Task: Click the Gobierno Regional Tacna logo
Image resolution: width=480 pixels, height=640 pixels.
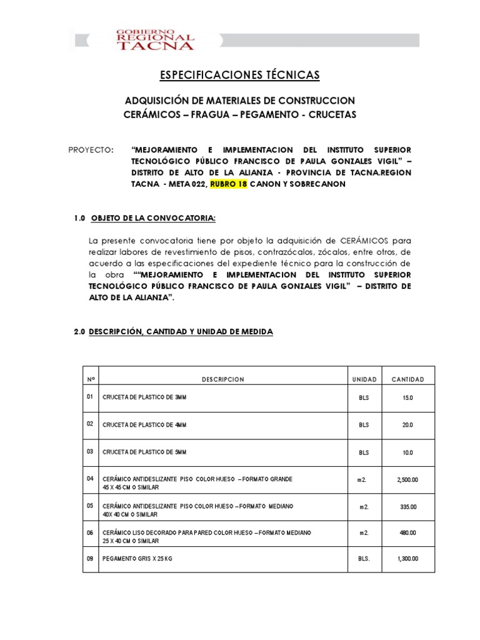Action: pos(156,39)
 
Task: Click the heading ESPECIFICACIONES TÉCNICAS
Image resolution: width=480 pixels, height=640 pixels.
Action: pos(239,75)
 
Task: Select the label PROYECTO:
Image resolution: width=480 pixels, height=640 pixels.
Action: pos(91,151)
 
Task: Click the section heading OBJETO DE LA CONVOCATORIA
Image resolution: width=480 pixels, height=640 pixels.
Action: pos(153,217)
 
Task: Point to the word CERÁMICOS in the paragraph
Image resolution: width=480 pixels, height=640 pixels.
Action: pos(364,241)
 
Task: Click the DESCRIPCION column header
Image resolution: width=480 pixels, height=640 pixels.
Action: pos(223,379)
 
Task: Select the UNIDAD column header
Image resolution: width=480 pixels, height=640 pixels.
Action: pos(364,379)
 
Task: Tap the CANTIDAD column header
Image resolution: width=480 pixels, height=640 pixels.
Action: pos(407,379)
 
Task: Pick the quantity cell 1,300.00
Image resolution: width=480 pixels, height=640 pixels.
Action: pos(407,559)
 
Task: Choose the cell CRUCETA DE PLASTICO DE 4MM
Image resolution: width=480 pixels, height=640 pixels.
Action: pos(144,425)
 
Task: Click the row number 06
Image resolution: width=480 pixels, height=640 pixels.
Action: pos(90,532)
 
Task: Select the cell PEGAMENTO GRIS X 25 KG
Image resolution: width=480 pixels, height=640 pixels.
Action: pos(137,559)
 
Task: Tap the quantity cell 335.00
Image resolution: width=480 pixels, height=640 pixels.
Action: pos(407,507)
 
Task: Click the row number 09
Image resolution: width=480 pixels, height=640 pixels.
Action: pos(90,559)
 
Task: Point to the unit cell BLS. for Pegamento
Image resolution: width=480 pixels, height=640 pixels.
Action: pos(364,559)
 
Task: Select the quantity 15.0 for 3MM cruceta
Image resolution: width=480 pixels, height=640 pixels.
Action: pos(407,398)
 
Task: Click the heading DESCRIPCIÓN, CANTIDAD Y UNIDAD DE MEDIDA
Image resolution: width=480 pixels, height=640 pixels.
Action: pos(181,332)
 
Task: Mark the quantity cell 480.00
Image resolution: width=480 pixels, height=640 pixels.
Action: pos(407,533)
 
